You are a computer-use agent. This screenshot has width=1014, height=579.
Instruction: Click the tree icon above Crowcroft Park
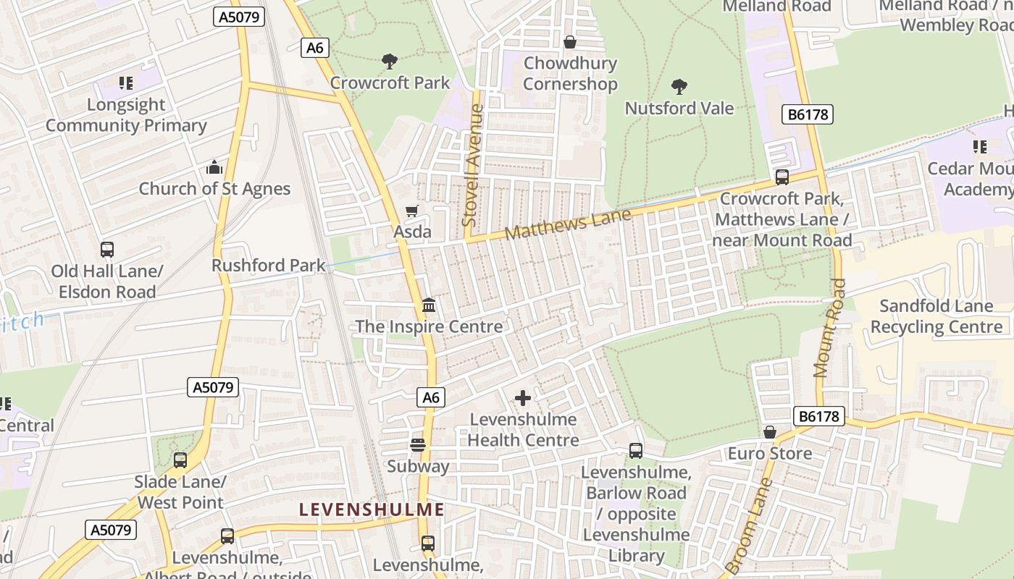tap(390, 61)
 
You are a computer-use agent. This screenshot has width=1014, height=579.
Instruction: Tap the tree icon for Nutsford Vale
tap(679, 87)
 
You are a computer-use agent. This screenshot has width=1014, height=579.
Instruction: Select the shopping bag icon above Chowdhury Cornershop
tap(570, 42)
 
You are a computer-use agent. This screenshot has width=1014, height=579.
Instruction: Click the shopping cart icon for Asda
tap(411, 211)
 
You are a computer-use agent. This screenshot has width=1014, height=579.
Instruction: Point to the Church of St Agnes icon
tap(214, 168)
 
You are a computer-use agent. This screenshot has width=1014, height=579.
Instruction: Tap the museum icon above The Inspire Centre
tap(428, 305)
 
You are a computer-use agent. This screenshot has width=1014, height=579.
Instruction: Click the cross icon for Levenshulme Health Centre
tap(522, 398)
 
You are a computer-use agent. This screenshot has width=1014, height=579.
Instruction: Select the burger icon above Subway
tap(417, 444)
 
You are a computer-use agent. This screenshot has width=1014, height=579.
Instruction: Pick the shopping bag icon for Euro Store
tap(769, 432)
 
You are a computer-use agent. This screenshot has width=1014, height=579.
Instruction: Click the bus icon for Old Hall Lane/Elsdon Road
tap(107, 250)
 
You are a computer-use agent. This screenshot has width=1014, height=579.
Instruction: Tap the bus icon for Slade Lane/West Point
tap(180, 460)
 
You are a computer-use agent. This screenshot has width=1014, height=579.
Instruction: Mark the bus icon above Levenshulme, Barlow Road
tap(635, 450)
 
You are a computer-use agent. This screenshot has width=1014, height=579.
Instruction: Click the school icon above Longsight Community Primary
tap(126, 83)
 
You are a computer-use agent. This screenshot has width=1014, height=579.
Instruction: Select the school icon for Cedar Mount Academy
tap(979, 147)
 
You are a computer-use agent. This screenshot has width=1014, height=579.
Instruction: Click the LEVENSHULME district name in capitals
tap(372, 510)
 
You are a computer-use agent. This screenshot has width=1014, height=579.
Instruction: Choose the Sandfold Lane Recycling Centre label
tap(936, 316)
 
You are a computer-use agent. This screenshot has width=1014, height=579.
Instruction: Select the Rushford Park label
tap(269, 266)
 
